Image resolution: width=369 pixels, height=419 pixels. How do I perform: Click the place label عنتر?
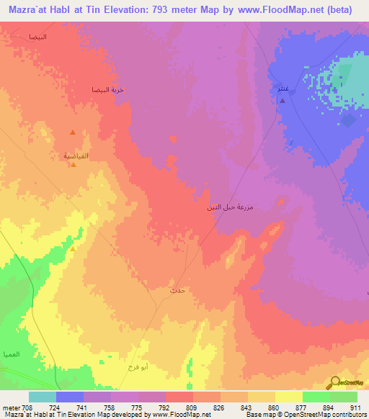click(x=284, y=89)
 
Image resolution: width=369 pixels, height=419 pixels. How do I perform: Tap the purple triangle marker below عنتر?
click(x=282, y=101)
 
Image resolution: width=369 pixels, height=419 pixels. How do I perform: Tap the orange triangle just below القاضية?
click(x=74, y=165)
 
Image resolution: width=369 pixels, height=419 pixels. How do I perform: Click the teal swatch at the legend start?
click(x=43, y=397)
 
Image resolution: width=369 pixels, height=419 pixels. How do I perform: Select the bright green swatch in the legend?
click(x=316, y=397)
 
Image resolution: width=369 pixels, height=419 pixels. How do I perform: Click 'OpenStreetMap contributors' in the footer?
click(x=328, y=415)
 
